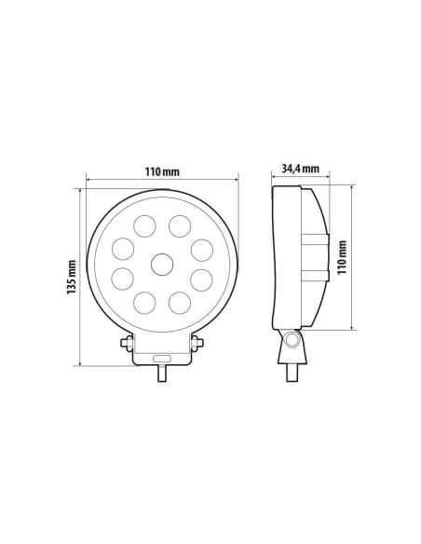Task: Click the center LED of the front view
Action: pos(161,264)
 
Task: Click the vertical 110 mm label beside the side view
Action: pos(342,255)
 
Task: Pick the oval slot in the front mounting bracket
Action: pos(161,358)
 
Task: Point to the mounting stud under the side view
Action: pos(294,371)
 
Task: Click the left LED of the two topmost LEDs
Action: pos(144,224)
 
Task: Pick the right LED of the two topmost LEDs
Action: pos(178,224)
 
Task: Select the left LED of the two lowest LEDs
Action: pos(144,303)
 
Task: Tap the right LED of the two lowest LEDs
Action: pos(178,303)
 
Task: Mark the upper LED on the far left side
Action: pos(122,248)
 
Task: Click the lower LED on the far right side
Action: pos(200,279)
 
